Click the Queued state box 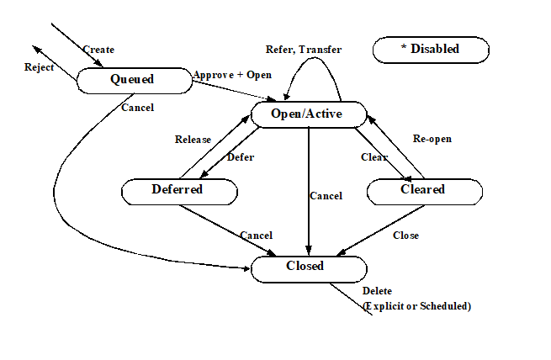pos(135,81)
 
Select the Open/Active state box pos(309,114)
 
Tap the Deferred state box pos(179,192)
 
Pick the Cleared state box pos(425,192)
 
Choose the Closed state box pos(309,269)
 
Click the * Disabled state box pos(431,50)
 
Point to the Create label pos(98,50)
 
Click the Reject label pos(39,67)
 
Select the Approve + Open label pos(232,75)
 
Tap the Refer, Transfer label pos(304,50)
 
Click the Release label pos(193,140)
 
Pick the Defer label pos(241,157)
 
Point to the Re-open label pos(432,139)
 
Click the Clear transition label pos(374,157)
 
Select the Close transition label pos(405,236)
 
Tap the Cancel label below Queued pos(137,108)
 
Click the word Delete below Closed pos(377,291)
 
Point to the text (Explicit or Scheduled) pos(416,306)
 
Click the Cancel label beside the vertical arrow pos(326,196)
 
